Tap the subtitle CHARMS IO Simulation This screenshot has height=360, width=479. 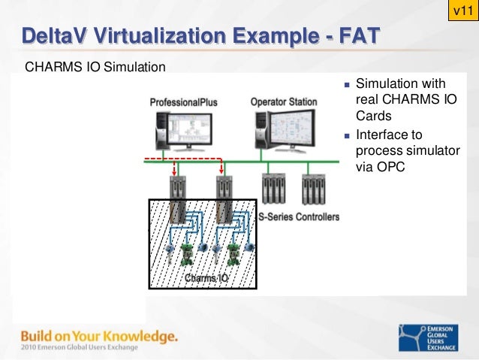pos(95,68)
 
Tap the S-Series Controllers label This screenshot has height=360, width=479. pos(299,217)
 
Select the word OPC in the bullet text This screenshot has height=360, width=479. pos(391,168)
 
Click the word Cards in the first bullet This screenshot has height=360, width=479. pos(372,116)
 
